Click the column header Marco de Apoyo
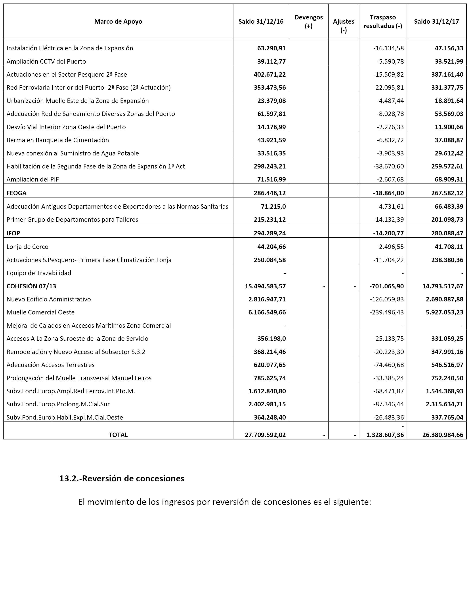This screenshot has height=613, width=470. (118, 21)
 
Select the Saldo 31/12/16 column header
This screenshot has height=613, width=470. (261, 21)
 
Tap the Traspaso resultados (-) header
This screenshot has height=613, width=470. (383, 21)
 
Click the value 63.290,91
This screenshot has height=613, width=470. (271, 48)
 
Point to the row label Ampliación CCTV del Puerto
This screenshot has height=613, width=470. (46, 61)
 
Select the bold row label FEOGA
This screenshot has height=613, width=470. (17, 193)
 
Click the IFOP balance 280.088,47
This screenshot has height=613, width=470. (447, 233)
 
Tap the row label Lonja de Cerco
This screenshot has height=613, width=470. (27, 247)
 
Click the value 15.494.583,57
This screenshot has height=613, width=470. (265, 286)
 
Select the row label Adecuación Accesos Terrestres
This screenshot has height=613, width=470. (50, 365)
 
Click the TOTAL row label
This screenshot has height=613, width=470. (118, 435)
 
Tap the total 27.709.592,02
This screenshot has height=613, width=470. (265, 435)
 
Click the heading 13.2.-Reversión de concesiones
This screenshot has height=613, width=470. (122, 478)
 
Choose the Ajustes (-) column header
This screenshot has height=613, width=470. (344, 26)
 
